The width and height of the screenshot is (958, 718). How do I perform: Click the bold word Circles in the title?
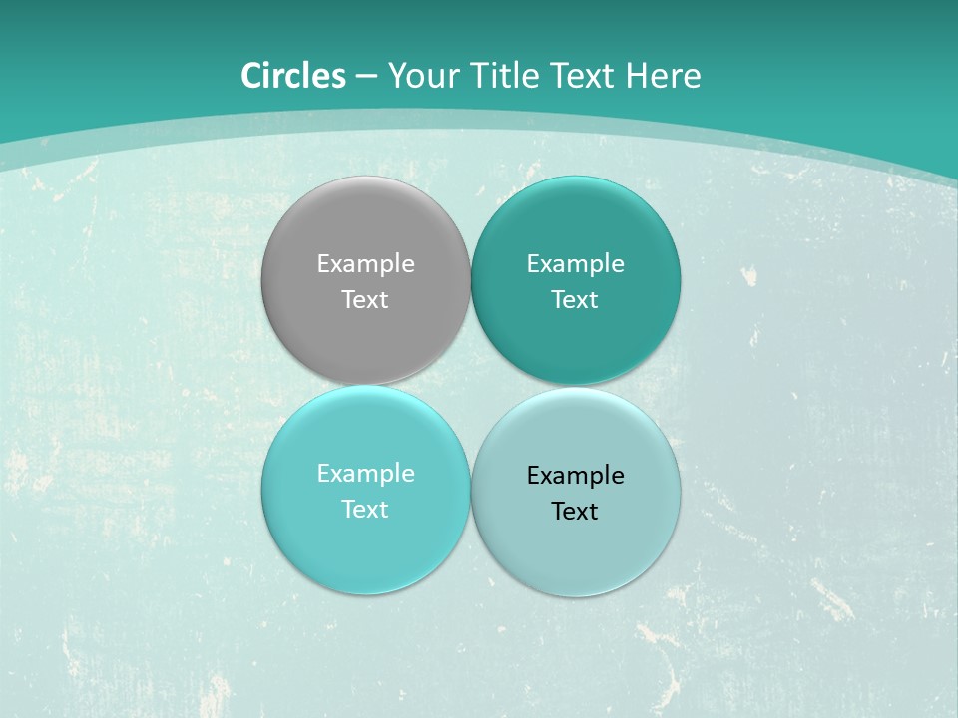293,76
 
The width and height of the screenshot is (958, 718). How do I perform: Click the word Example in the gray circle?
365,264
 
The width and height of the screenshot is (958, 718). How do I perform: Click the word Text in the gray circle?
365,300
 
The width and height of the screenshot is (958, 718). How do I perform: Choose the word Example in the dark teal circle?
575,264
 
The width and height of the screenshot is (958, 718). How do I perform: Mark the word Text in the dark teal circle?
575,300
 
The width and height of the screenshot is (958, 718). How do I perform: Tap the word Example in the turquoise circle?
365,474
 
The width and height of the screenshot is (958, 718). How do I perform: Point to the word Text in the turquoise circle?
365,510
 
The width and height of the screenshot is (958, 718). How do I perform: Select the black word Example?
575,476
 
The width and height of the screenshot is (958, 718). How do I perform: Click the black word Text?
575,512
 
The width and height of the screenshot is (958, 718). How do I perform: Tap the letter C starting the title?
251,76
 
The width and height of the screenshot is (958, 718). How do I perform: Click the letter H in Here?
637,76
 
